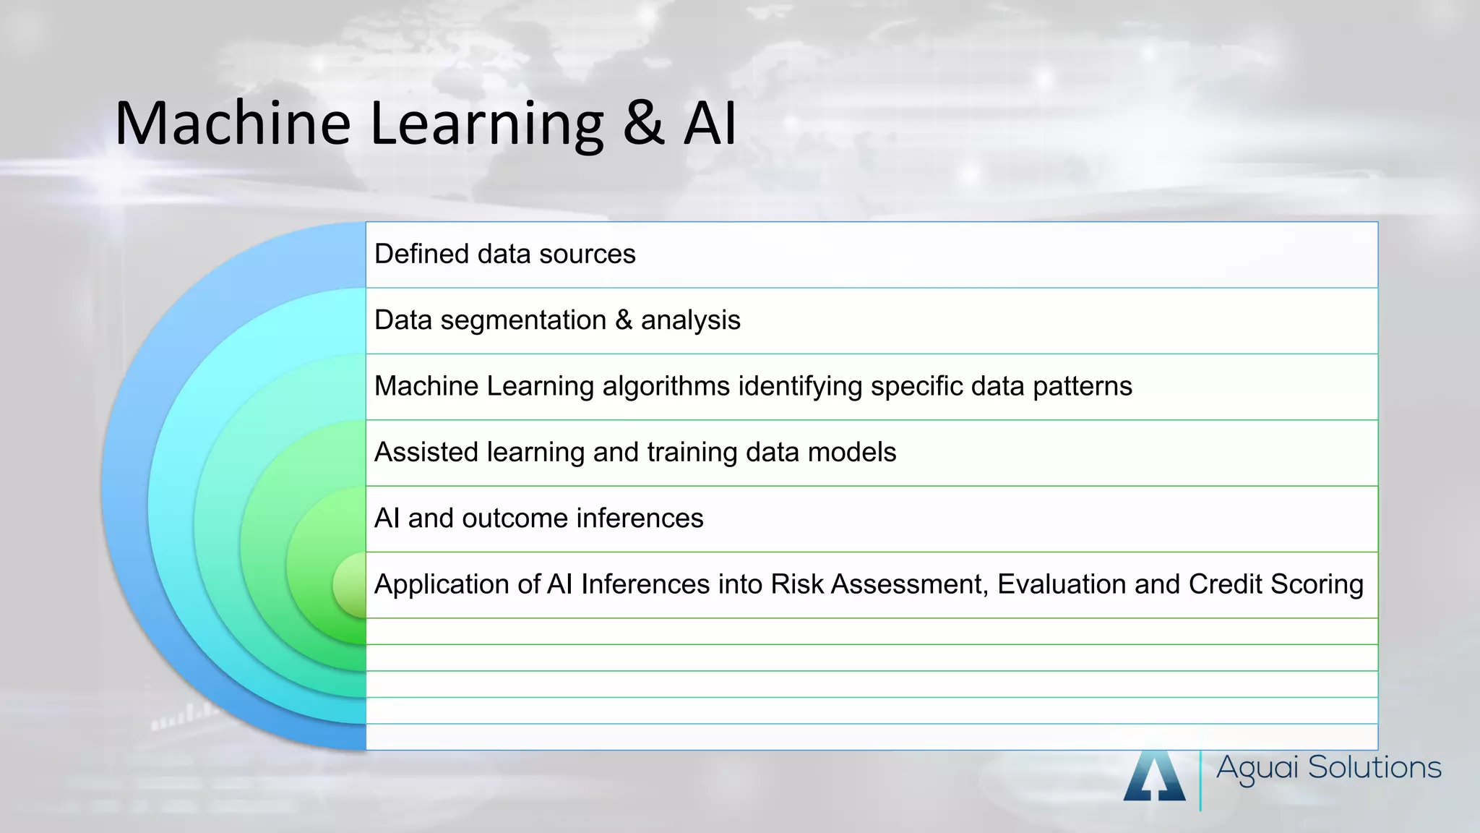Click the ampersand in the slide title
tap(643, 123)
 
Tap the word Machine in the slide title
tap(233, 123)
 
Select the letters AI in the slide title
tap(710, 123)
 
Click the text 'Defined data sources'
tap(504, 255)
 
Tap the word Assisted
tap(426, 453)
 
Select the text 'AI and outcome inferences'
tap(538, 518)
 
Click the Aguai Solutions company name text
tap(1328, 768)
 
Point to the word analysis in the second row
tap(690, 321)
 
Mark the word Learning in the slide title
tap(486, 123)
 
